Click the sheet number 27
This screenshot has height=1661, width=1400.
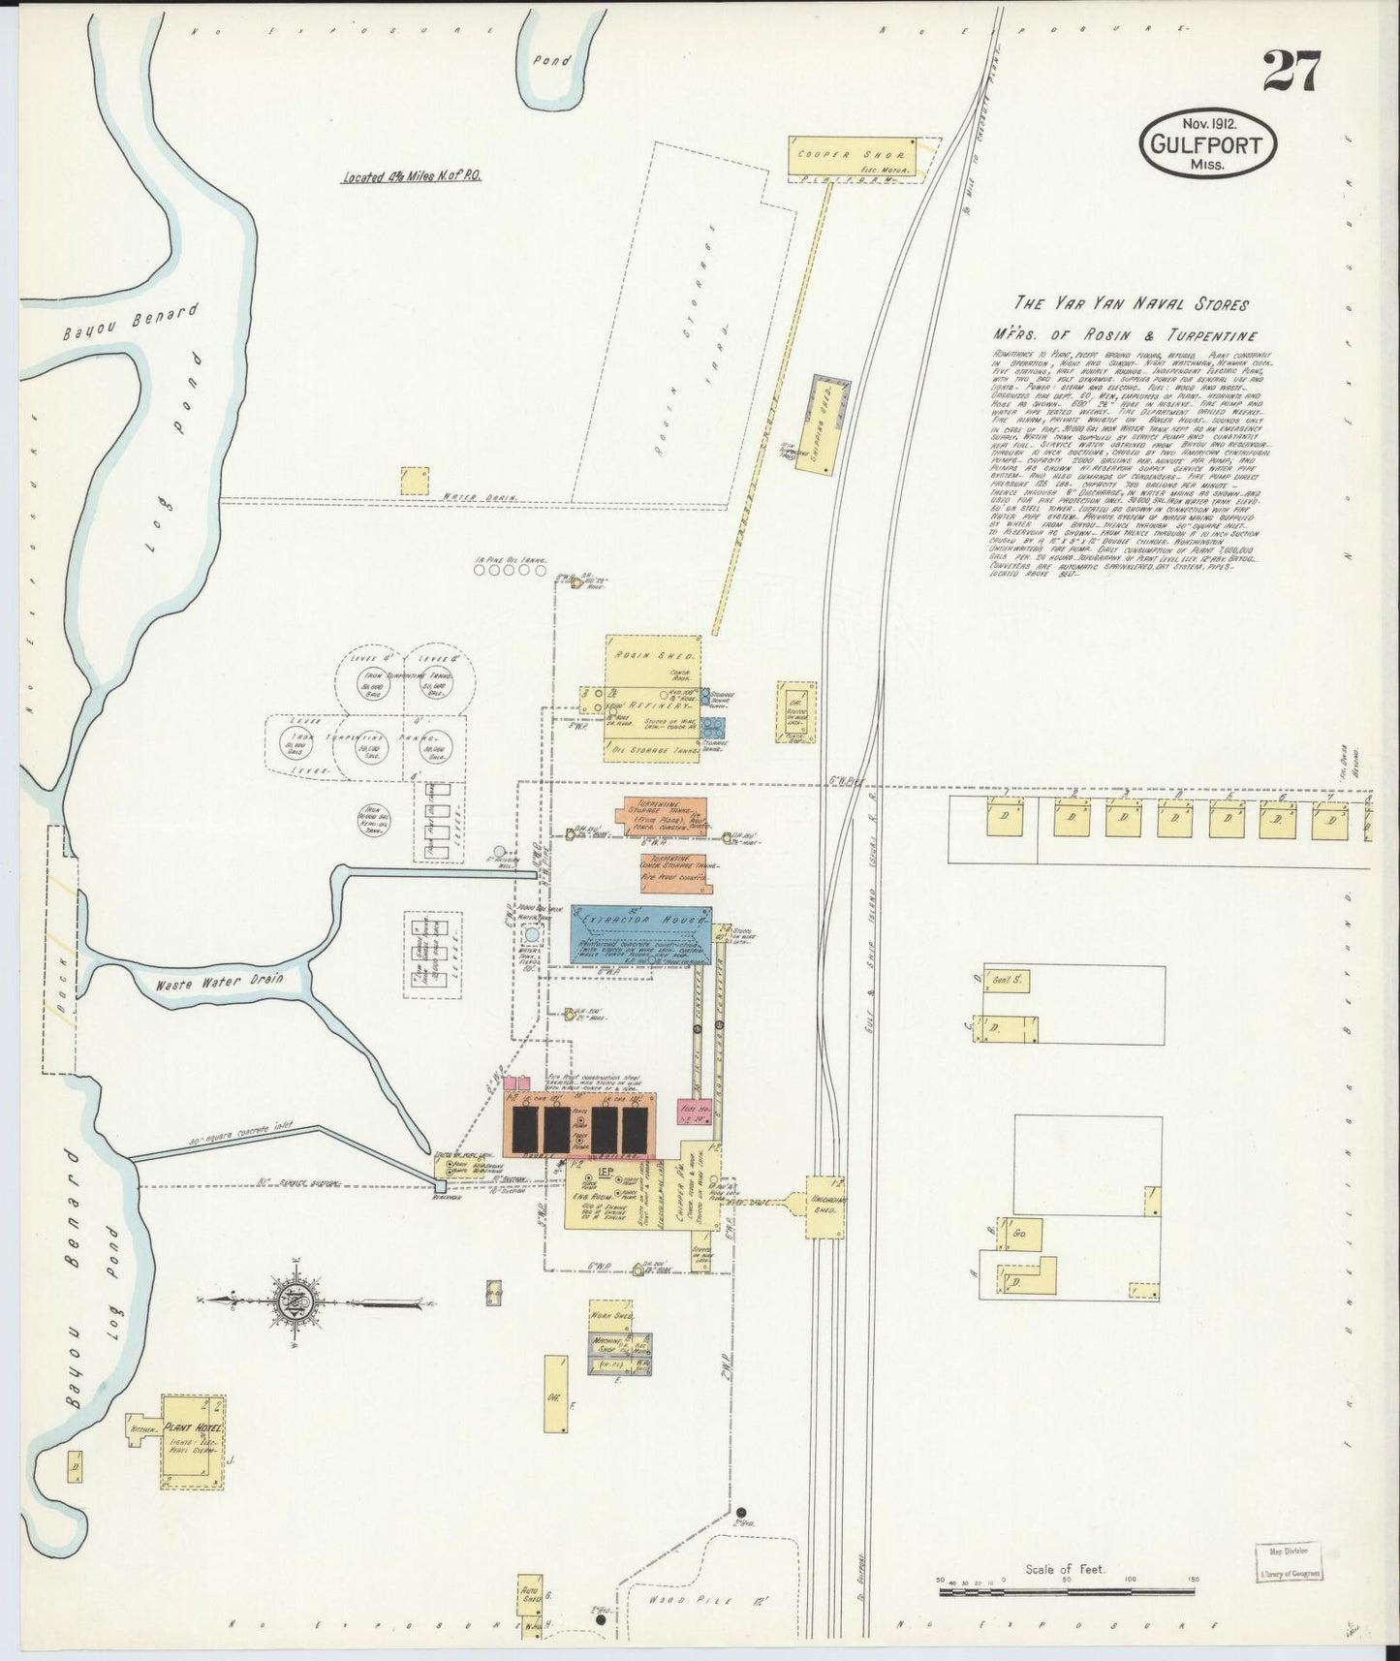pyautogui.click(x=1291, y=72)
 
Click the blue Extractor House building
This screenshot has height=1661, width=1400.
pyautogui.click(x=640, y=935)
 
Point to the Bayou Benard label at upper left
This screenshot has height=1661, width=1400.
pyautogui.click(x=130, y=323)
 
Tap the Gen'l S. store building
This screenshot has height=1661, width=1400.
pyautogui.click(x=1007, y=980)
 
